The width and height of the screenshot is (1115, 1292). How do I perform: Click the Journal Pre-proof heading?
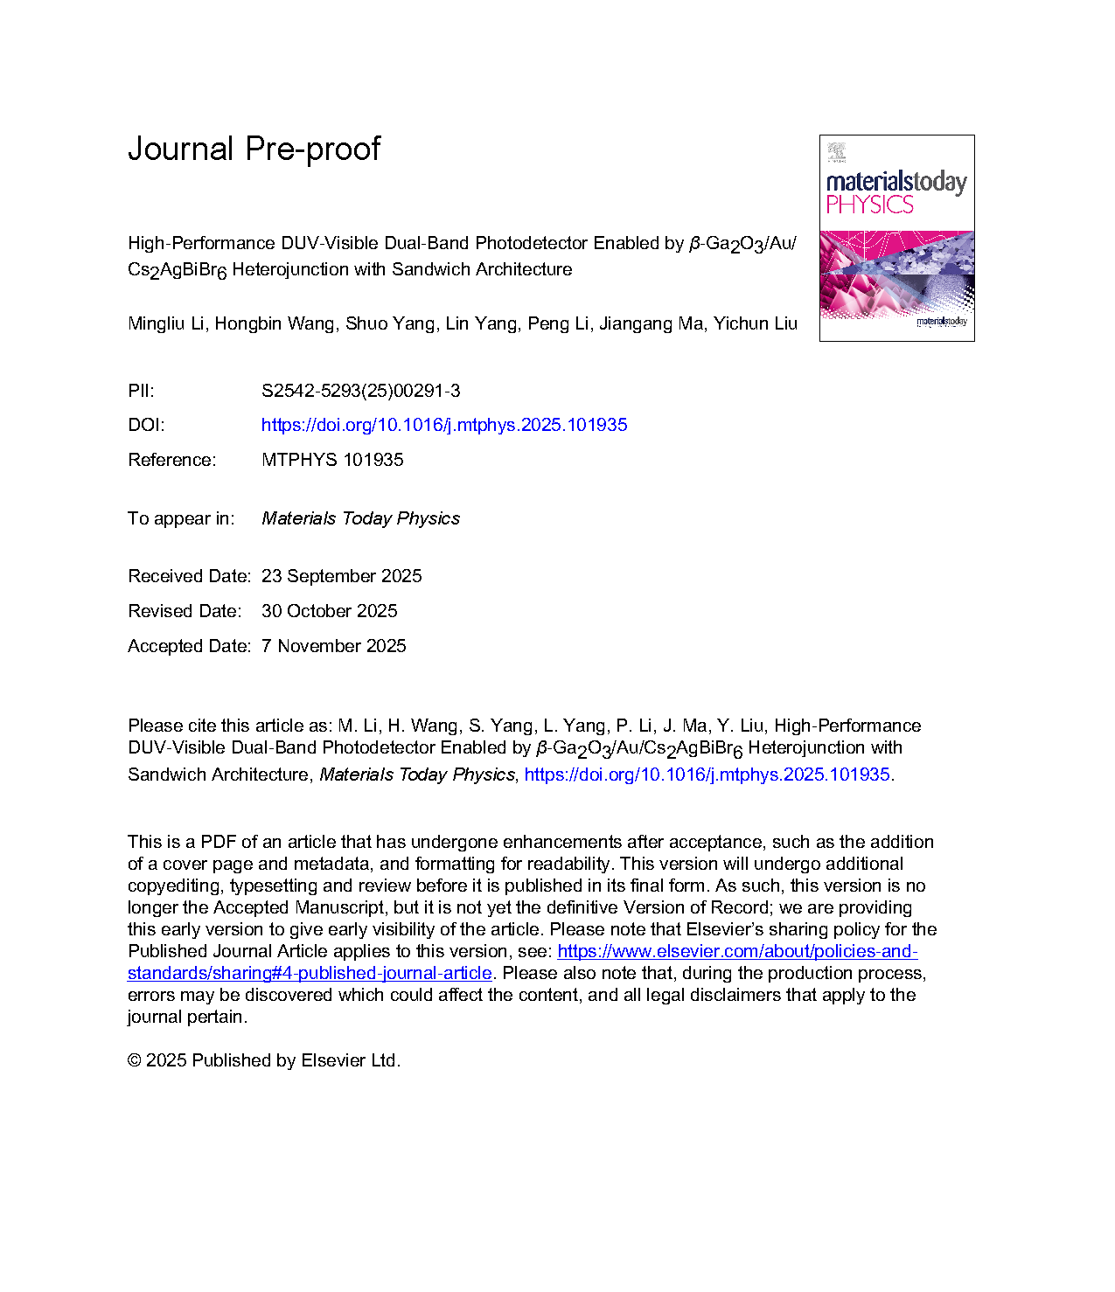(x=254, y=149)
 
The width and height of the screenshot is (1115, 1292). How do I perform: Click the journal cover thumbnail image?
(x=896, y=238)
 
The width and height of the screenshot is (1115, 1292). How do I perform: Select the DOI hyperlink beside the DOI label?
(x=444, y=425)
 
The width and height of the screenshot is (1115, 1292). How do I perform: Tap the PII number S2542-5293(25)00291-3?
(x=360, y=391)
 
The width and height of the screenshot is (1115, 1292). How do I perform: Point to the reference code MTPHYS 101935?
(x=332, y=460)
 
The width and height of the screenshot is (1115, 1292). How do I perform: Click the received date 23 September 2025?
(x=341, y=576)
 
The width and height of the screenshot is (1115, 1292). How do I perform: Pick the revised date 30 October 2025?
(x=329, y=611)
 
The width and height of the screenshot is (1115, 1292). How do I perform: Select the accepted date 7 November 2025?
(x=333, y=646)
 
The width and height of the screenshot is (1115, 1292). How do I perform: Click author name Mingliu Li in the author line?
(x=166, y=323)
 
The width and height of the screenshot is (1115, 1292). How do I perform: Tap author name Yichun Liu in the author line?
(x=755, y=323)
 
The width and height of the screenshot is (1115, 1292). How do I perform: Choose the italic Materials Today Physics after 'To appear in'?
(x=360, y=518)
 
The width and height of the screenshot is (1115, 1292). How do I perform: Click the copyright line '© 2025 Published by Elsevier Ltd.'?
(x=264, y=1060)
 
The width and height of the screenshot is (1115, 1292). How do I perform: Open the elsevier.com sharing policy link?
(x=737, y=951)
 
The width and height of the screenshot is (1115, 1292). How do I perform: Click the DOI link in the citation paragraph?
(x=707, y=775)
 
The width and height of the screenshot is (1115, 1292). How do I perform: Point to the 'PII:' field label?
(x=141, y=391)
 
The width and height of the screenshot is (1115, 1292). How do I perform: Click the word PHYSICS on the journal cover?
(x=869, y=205)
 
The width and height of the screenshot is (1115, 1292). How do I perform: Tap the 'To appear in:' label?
(x=181, y=518)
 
